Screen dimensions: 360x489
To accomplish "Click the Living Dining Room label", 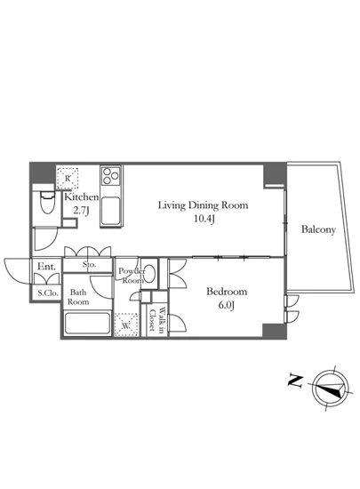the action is tap(204, 205).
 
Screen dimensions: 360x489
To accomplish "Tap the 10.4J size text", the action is tap(204, 219).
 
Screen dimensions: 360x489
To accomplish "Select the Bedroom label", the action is tap(227, 292).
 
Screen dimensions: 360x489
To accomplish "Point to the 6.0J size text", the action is tap(227, 305).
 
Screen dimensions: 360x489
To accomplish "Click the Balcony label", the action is tap(318, 229).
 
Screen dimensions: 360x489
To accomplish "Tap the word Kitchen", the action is tap(82, 197).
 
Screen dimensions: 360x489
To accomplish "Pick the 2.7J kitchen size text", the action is tap(81, 211).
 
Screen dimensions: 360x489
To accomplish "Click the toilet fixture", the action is tap(47, 202).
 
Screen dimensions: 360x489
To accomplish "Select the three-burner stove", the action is tap(110, 176).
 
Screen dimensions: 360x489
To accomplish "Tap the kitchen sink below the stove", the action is tap(110, 211).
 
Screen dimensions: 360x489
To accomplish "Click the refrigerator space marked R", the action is tap(68, 178).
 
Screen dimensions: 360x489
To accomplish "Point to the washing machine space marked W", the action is tap(126, 325).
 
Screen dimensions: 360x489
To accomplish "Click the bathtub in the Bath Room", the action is tap(87, 324).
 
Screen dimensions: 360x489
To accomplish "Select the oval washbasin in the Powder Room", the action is tap(150, 273).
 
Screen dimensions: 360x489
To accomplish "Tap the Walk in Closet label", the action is tap(156, 319).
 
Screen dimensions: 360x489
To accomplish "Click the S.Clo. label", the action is tap(48, 293).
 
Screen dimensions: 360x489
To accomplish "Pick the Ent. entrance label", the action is tap(46, 267).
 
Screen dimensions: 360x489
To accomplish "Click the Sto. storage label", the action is tap(89, 265).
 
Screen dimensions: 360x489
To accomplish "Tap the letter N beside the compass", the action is tap(295, 381).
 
